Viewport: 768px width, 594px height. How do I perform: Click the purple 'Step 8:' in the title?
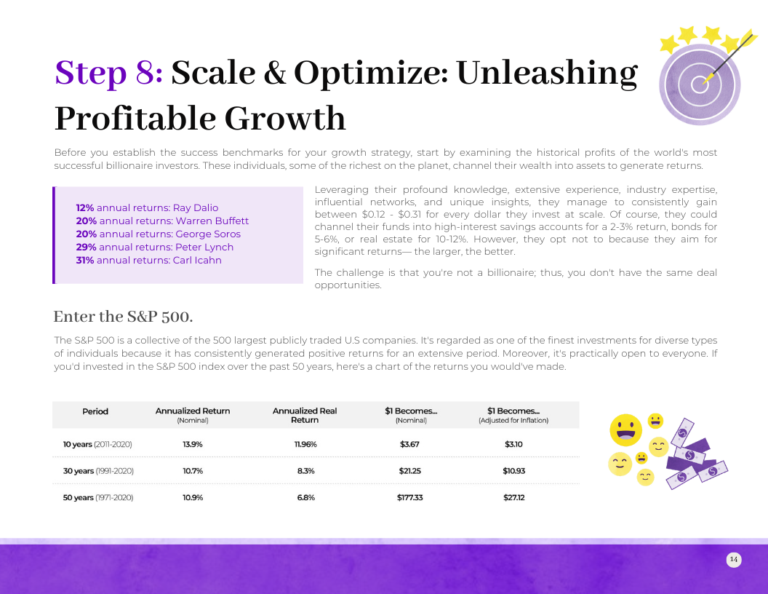coord(109,74)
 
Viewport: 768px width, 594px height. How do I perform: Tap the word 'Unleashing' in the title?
coord(547,74)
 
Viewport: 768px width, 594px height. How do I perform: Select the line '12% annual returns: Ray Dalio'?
coord(147,207)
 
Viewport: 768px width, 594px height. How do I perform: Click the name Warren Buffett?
coord(212,221)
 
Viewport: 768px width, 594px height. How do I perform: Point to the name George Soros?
coord(208,234)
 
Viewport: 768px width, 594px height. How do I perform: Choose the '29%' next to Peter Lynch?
coord(87,247)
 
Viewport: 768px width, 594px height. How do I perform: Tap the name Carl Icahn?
coord(197,261)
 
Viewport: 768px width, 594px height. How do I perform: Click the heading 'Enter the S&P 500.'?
coord(123,317)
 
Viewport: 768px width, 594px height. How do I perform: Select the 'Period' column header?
coord(95,411)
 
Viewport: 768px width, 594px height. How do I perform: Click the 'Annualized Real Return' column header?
coord(305,415)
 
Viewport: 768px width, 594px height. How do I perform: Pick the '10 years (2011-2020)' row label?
coord(97,445)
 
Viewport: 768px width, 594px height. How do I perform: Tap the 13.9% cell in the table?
coord(193,445)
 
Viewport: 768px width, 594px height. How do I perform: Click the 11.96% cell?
coord(305,445)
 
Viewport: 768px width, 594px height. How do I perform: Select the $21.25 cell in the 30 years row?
coord(410,471)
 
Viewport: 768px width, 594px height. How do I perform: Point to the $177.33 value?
coord(410,497)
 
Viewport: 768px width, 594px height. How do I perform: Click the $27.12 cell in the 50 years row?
coord(513,497)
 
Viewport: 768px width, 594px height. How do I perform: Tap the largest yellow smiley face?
coord(625,430)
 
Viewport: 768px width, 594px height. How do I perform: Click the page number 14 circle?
coord(734,559)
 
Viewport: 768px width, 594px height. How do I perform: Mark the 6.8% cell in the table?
coord(305,497)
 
